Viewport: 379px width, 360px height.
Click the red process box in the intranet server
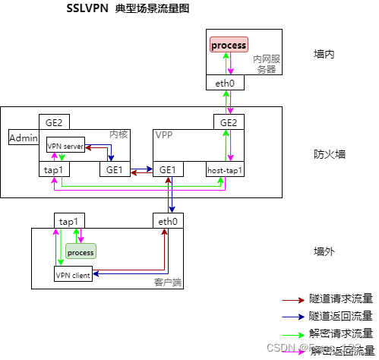tap(229, 45)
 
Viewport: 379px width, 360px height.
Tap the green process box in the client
tap(81, 251)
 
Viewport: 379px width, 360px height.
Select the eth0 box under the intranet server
tap(226, 84)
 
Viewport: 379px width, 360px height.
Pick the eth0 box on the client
tap(167, 221)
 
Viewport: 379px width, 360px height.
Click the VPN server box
tap(65, 146)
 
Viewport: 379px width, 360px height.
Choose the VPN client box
tap(74, 275)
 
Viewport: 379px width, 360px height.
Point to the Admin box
tap(23, 137)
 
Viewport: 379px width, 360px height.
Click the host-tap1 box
tap(226, 170)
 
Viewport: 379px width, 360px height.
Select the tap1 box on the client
tap(69, 221)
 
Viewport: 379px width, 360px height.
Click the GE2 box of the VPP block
tap(229, 122)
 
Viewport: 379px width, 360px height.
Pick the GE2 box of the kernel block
tap(53, 122)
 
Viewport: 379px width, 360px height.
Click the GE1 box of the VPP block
tap(168, 170)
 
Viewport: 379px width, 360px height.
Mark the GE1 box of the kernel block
tap(115, 170)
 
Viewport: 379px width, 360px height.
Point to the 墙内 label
tap(324, 54)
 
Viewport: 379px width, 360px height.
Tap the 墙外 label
tap(324, 251)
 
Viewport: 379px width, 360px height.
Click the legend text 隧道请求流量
tap(340, 300)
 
